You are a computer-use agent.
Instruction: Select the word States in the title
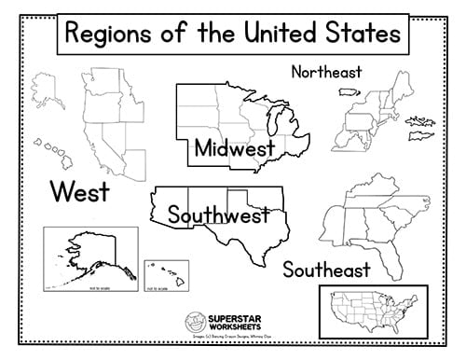pos(367,38)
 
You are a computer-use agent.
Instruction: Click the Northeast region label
pos(326,72)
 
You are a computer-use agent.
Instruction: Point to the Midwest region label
pos(234,149)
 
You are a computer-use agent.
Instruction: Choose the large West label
pos(79,193)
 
